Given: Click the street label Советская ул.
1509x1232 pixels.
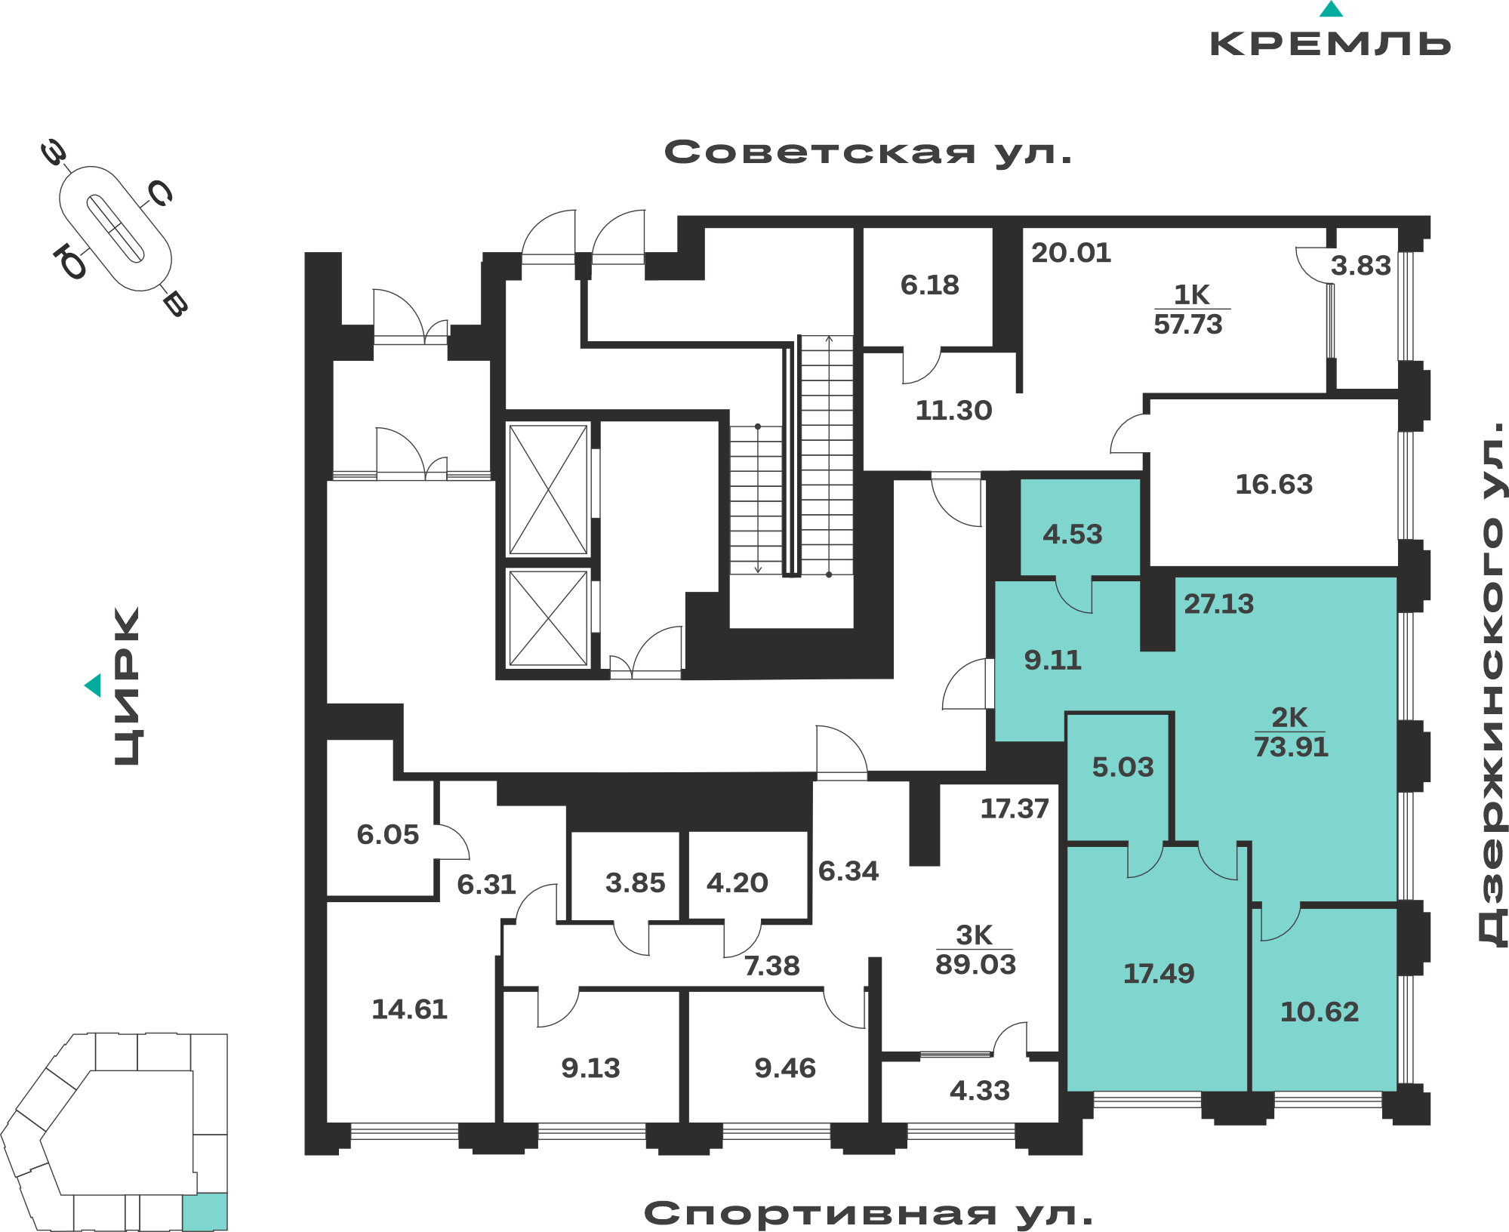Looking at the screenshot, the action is [868, 153].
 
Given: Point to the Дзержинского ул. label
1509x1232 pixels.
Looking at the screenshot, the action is [1492, 684].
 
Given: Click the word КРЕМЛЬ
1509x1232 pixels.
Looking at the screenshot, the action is [1330, 44].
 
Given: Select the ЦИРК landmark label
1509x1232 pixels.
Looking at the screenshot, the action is [127, 686].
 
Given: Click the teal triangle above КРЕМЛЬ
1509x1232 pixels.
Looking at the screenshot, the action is [1331, 9].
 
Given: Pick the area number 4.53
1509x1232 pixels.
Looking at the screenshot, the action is [1073, 534].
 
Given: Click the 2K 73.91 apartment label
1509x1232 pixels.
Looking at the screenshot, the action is [1291, 732].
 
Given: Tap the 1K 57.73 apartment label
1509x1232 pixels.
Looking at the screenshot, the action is [1189, 310].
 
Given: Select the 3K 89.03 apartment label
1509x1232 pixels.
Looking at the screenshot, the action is [975, 950].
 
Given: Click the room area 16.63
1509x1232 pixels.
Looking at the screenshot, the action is [1274, 485].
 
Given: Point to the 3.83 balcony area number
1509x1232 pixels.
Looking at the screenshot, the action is [1360, 266].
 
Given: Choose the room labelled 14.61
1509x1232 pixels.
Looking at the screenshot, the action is [410, 1009].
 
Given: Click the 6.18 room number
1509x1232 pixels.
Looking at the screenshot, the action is [930, 285].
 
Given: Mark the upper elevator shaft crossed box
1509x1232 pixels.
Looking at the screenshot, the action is [548, 489].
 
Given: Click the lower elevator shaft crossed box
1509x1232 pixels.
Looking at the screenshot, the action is [548, 618].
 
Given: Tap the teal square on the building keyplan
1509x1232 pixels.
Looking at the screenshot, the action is [205, 1212].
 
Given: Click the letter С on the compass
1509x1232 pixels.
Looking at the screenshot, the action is [160, 193].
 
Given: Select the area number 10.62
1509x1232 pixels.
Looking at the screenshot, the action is [1320, 1012].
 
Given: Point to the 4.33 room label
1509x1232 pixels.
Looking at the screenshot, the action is [980, 1091].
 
